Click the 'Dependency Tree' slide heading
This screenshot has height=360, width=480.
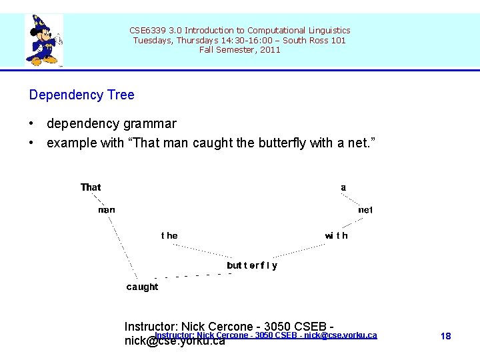[81, 95]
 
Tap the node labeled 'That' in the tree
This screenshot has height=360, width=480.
[91, 187]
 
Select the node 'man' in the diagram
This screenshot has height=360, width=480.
[107, 210]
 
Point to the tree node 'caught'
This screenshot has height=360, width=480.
[143, 287]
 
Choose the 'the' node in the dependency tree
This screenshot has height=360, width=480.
[169, 235]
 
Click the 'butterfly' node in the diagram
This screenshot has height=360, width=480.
[252, 265]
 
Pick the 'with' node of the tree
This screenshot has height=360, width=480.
[336, 235]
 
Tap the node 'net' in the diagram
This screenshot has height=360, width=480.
[365, 210]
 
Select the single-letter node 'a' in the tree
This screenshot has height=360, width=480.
[343, 187]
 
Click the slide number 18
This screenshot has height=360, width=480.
[446, 336]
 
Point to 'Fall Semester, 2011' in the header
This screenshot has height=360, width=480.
[240, 50]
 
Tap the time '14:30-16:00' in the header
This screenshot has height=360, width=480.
[201, 40]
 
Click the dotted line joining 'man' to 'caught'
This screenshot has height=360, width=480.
[123, 247]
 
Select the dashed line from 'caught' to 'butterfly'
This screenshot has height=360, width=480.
[193, 275]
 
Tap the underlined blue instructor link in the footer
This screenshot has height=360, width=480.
[266, 335]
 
